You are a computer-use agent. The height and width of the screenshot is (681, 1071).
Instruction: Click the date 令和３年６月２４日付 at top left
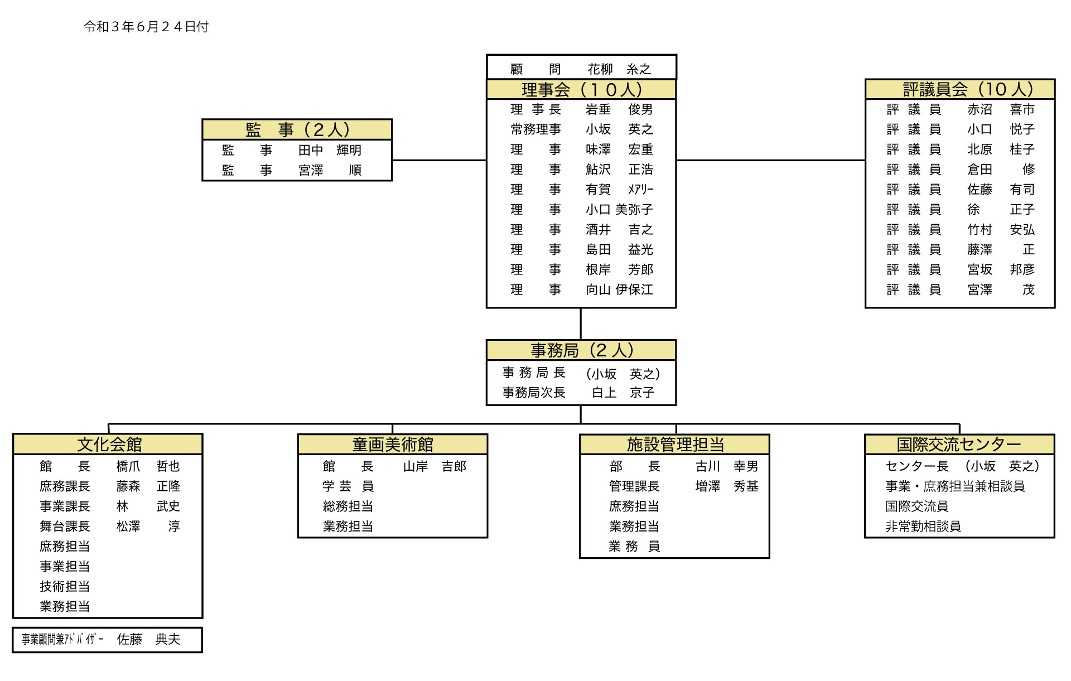pyautogui.click(x=146, y=27)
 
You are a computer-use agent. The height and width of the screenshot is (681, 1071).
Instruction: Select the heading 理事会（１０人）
pyautogui.click(x=581, y=89)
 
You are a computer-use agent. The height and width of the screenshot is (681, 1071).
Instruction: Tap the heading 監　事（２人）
pyautogui.click(x=297, y=129)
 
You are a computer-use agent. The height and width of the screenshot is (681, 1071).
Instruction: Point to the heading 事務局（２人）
pyautogui.click(x=581, y=350)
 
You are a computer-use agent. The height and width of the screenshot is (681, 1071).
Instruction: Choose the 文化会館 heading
pyautogui.click(x=109, y=445)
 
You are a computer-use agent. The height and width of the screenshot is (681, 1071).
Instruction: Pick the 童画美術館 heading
pyautogui.click(x=393, y=445)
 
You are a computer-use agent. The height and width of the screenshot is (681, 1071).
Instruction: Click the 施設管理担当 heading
pyautogui.click(x=675, y=445)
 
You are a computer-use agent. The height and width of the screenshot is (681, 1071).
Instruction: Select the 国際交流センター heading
pyautogui.click(x=959, y=445)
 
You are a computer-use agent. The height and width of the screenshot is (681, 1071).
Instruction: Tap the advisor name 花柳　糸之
pyautogui.click(x=619, y=69)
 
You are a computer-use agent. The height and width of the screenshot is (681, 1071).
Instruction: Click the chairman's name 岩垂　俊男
pyautogui.click(x=619, y=109)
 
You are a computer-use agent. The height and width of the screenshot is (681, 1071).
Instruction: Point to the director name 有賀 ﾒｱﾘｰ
pyautogui.click(x=619, y=190)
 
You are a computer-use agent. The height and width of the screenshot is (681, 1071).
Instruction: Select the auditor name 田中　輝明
pyautogui.click(x=330, y=150)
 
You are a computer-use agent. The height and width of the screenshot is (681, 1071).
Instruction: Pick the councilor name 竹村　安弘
pyautogui.click(x=1001, y=230)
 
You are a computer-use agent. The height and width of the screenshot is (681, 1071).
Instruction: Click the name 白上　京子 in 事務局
pyautogui.click(x=623, y=393)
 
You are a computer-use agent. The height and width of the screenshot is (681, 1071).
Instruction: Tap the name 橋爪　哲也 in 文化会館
pyautogui.click(x=148, y=466)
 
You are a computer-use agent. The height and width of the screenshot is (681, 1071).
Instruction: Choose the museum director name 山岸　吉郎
pyautogui.click(x=435, y=466)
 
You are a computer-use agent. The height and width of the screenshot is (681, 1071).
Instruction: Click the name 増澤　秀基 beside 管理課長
pyautogui.click(x=727, y=486)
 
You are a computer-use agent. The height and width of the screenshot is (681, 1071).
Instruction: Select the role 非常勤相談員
pyautogui.click(x=923, y=527)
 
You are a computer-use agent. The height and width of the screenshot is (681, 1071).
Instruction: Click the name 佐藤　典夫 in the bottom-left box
pyautogui.click(x=149, y=639)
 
